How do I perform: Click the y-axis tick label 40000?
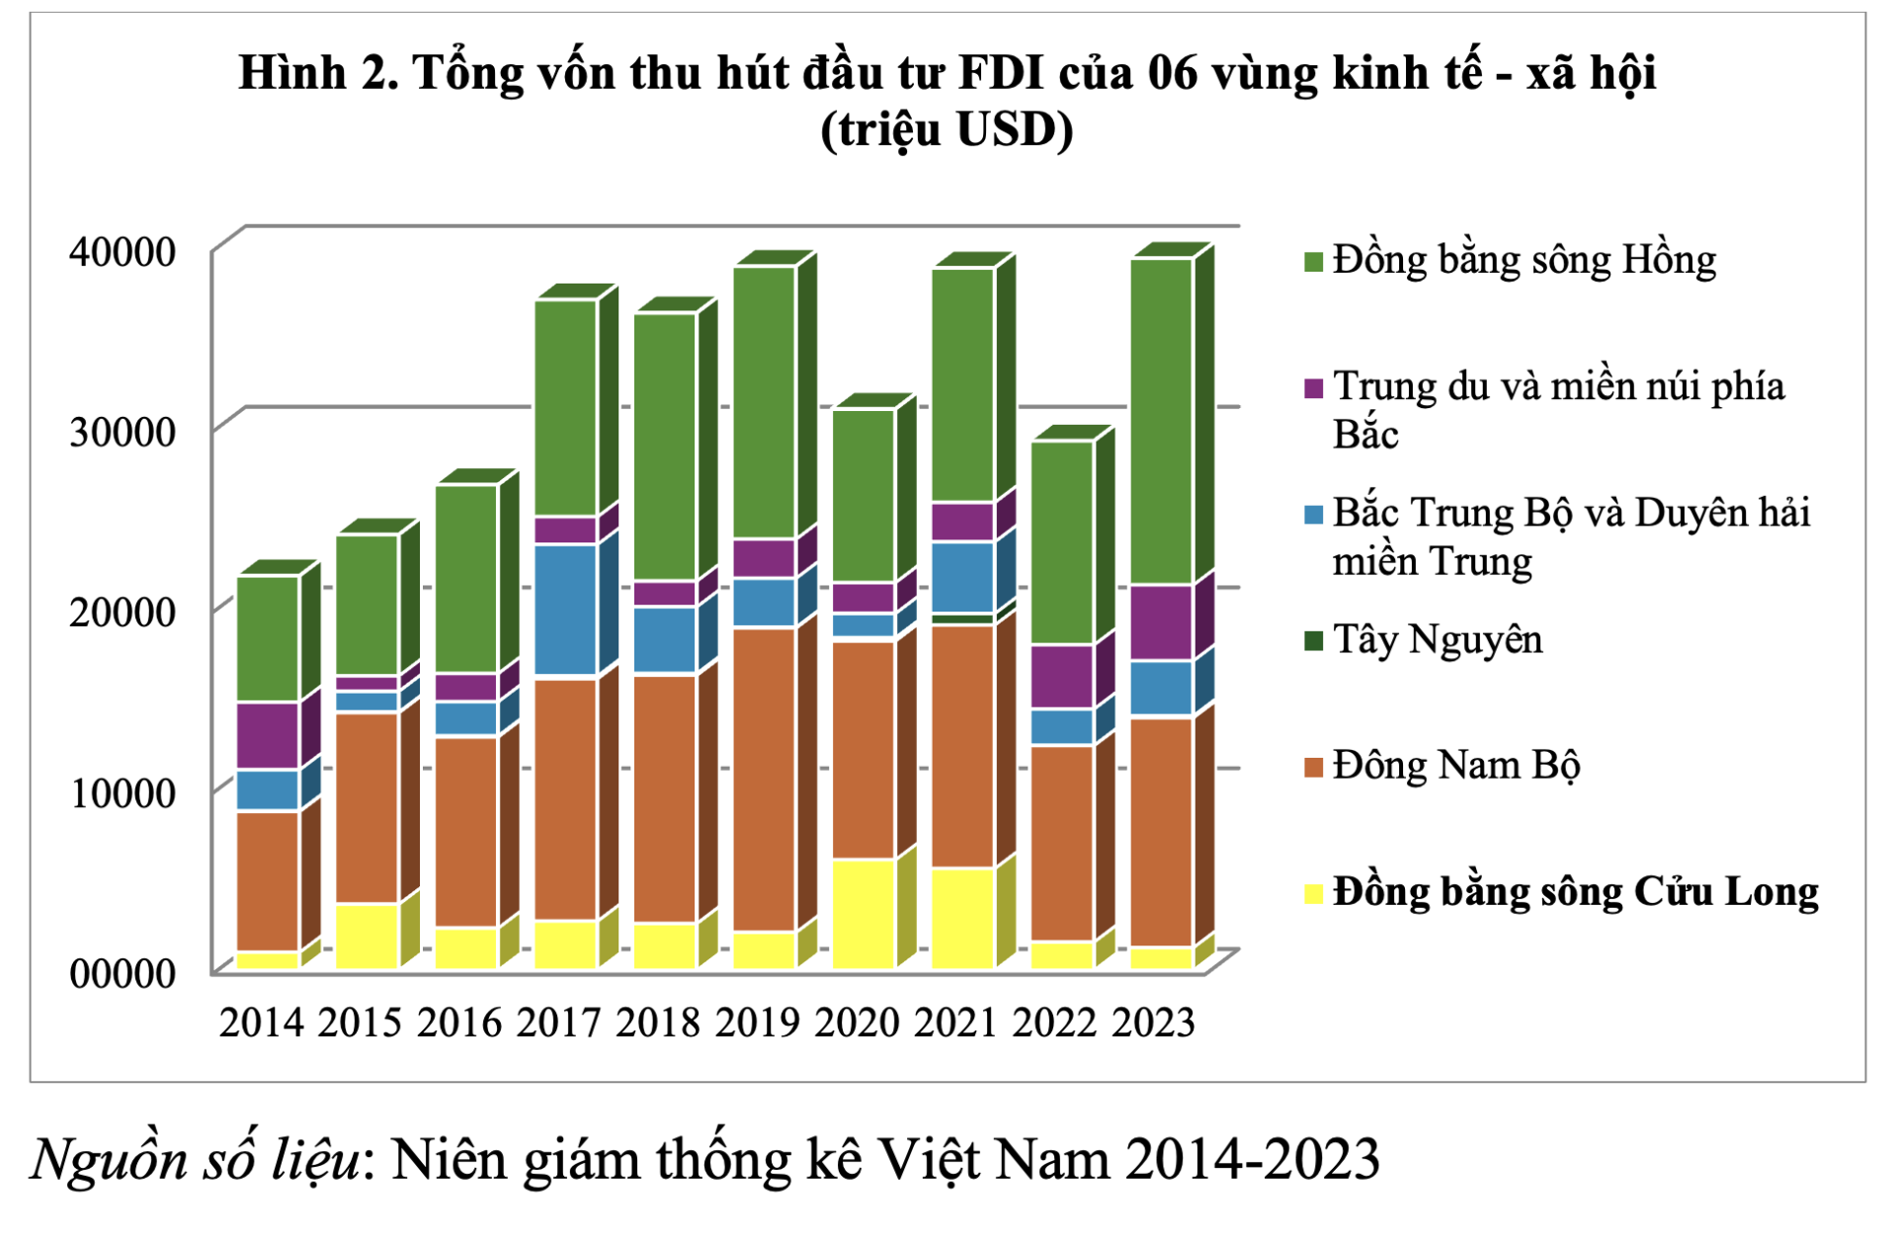click(123, 252)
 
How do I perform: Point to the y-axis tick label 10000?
click(123, 792)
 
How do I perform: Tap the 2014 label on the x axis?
click(262, 1022)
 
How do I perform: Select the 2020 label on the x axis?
click(857, 1022)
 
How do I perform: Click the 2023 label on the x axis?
click(1154, 1022)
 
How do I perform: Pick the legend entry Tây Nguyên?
click(1438, 639)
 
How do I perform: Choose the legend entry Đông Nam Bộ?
click(1455, 766)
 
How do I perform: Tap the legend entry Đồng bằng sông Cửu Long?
click(1575, 892)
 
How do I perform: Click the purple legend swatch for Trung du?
click(1314, 388)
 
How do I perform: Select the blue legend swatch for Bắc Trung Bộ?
click(1314, 515)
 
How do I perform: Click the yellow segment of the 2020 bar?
click(864, 913)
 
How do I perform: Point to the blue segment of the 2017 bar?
click(565, 610)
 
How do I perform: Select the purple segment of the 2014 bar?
click(268, 735)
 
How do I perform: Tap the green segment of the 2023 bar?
click(1162, 421)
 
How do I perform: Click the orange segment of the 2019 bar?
click(764, 779)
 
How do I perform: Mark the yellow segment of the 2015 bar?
click(367, 935)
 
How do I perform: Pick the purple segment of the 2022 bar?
click(1062, 677)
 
